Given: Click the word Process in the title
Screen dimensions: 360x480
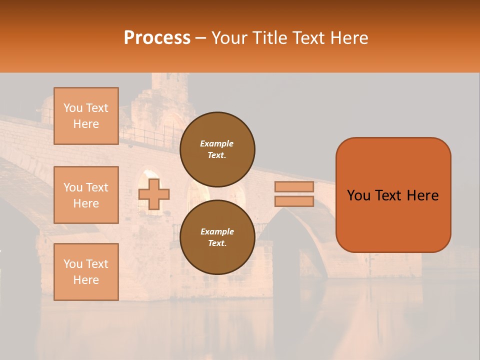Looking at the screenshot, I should (x=157, y=38).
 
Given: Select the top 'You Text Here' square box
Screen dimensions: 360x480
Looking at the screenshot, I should (x=86, y=116).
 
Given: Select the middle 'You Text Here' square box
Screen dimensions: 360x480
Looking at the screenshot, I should (x=86, y=195).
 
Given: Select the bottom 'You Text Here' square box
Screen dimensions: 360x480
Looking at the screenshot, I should (x=86, y=272).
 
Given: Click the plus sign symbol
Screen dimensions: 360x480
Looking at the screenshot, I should (x=154, y=194).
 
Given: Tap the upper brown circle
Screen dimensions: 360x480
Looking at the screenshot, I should (x=217, y=149).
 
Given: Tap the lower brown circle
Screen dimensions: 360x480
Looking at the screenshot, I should (x=217, y=237).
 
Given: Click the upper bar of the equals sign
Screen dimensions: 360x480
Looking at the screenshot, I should (x=294, y=186).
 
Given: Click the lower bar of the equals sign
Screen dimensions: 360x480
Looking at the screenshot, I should (x=294, y=201).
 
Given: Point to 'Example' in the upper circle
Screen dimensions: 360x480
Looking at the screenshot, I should (x=217, y=143).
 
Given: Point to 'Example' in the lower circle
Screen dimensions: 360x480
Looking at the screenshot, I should (x=217, y=231).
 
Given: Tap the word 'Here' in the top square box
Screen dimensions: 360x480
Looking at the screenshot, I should (x=86, y=124).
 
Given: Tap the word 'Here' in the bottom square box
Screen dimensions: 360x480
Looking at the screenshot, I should (x=86, y=280).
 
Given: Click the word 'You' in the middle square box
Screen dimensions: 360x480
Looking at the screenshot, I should (x=72, y=187).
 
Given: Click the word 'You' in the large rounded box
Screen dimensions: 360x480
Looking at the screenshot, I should (x=358, y=195).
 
